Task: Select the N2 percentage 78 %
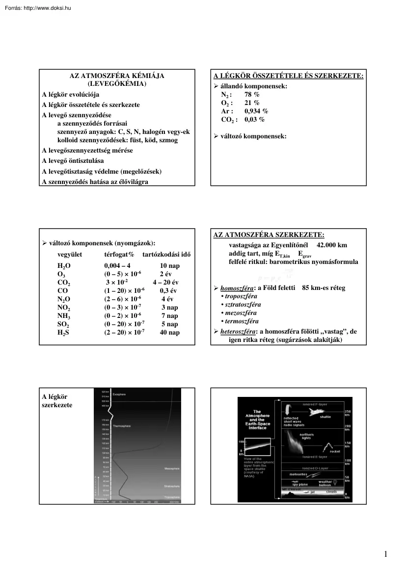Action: coord(252,94)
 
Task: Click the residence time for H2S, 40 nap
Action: coord(170,332)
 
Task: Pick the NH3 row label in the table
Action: coord(64,315)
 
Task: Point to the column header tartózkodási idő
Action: coord(166,255)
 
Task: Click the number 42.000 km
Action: coord(332,244)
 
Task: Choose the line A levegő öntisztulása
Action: coord(73,161)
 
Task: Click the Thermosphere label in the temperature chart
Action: coord(122,426)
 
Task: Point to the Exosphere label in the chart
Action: coord(120,394)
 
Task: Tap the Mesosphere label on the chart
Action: coord(172,469)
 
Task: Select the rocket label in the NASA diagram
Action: coord(334,451)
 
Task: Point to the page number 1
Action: coord(386,554)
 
